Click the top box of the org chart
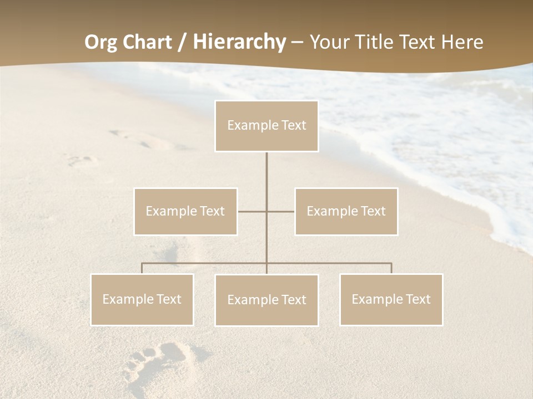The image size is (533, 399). (x=266, y=126)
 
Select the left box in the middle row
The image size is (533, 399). (x=185, y=211)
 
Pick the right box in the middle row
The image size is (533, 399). (x=346, y=211)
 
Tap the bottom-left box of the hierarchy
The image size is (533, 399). (x=142, y=299)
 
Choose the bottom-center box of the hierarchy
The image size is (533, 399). (x=266, y=300)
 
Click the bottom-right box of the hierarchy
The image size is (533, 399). (x=391, y=299)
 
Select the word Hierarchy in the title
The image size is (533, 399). (x=239, y=42)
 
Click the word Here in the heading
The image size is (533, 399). (x=462, y=42)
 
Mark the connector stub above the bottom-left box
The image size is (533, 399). (x=142, y=268)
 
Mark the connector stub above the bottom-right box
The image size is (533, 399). (x=391, y=268)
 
